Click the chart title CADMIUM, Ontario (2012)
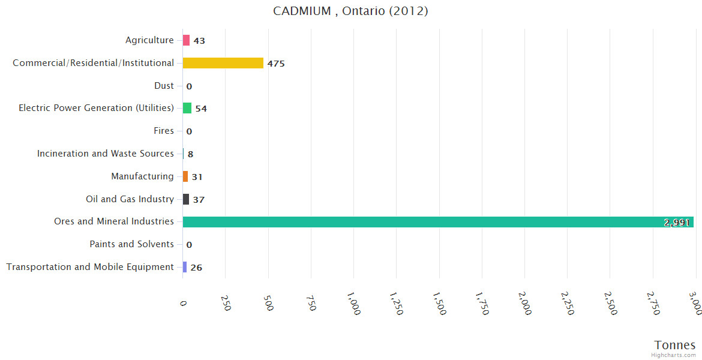point(350,11)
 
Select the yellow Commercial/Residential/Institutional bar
point(223,63)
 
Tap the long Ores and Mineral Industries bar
point(420,222)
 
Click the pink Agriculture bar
point(186,40)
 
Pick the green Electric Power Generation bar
point(187,108)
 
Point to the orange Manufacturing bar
point(185,176)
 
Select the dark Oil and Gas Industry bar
point(186,199)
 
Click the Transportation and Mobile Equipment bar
point(185,267)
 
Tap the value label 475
point(276,64)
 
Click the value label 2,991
point(677,223)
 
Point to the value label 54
point(201,109)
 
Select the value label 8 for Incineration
point(190,154)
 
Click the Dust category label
point(164,86)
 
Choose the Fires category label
point(164,131)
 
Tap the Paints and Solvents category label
point(131,244)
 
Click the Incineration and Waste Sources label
point(106,154)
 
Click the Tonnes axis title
point(675,344)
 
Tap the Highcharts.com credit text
point(674,355)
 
